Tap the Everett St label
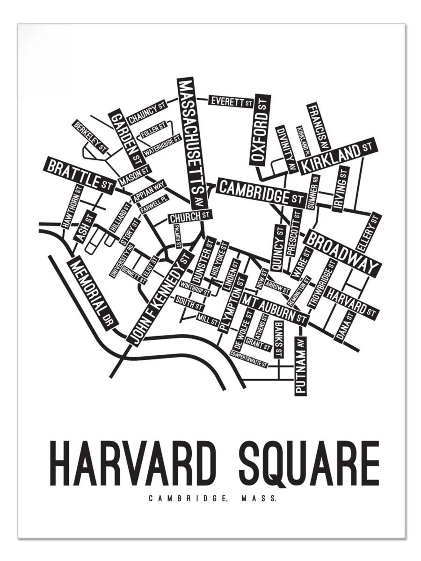(x=231, y=101)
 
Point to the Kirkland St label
(x=337, y=156)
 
